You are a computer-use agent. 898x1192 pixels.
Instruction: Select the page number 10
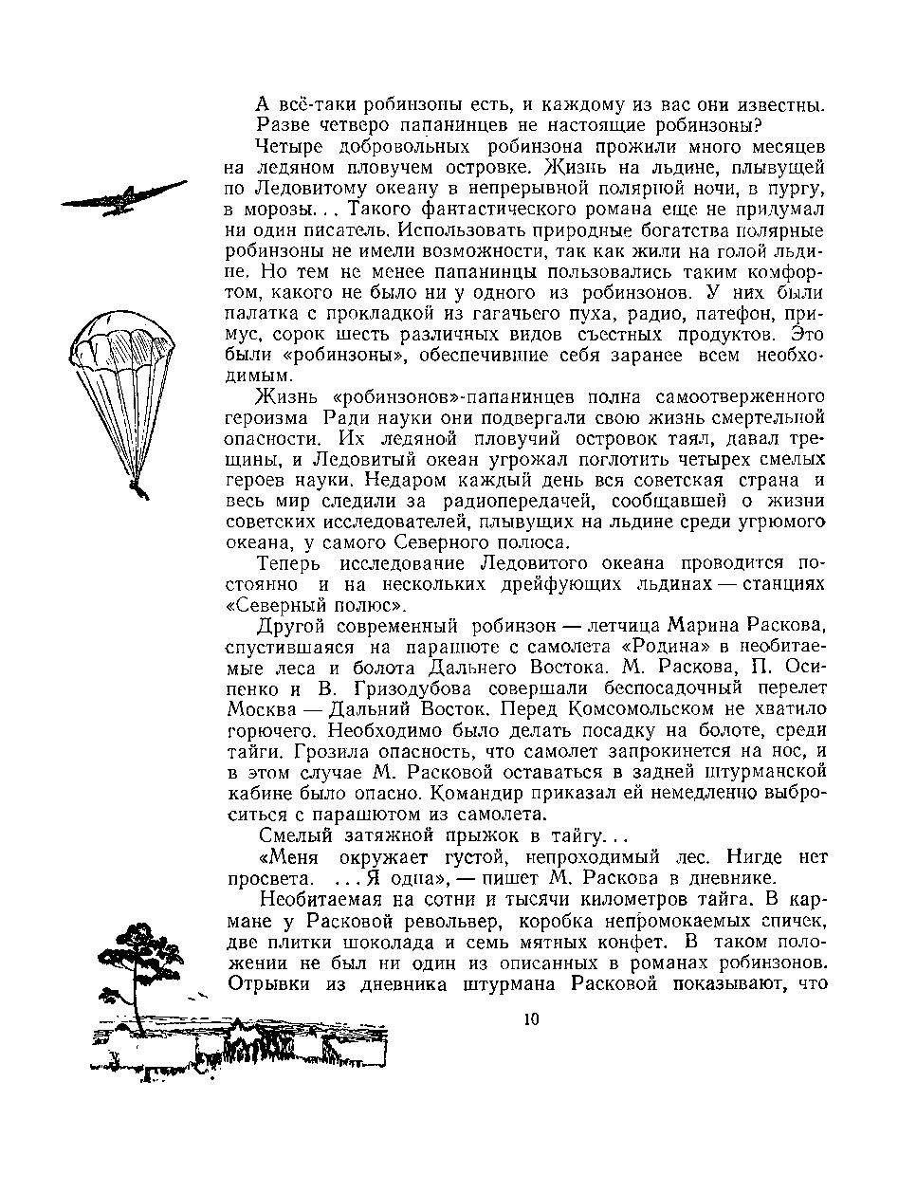(531, 1019)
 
